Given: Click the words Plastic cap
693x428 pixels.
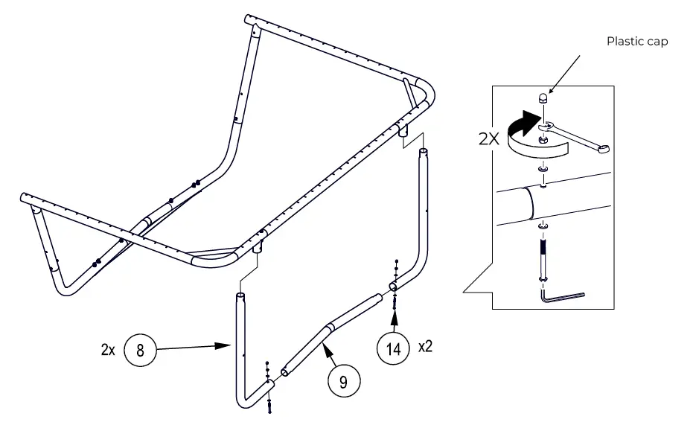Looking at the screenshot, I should pos(637,42).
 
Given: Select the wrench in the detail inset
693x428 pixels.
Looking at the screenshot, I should pos(577,136).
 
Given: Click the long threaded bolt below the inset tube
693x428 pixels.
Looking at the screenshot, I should pos(543,257).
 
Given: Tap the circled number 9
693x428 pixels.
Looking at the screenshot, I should pos(343,382).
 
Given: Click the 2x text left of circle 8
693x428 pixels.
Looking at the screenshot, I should pos(107,349).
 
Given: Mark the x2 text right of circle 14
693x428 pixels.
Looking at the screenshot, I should pos(425,347).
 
